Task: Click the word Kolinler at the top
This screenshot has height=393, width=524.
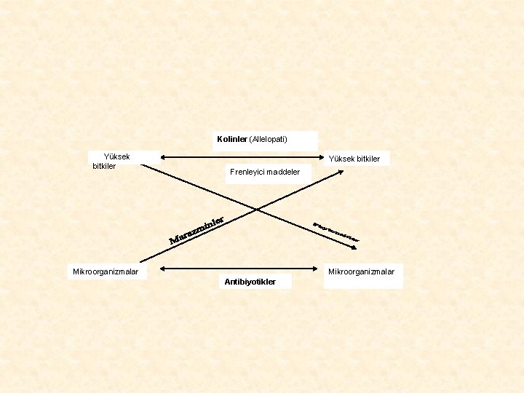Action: click(x=232, y=139)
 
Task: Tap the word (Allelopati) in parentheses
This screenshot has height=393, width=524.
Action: click(x=269, y=139)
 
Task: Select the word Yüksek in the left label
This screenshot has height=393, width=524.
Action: click(x=117, y=156)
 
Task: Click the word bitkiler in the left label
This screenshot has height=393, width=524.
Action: click(x=104, y=166)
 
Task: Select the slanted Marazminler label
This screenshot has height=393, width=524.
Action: click(x=195, y=230)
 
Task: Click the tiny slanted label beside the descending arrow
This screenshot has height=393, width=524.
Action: click(x=336, y=231)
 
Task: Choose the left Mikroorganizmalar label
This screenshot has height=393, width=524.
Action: click(x=106, y=272)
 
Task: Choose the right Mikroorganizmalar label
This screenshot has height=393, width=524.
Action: click(x=362, y=271)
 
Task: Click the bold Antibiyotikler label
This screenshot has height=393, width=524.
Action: click(x=250, y=282)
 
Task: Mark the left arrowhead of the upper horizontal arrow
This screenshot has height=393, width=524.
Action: click(x=162, y=156)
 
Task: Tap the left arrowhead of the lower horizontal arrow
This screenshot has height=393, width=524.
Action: click(x=162, y=269)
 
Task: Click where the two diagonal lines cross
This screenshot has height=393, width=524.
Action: click(x=257, y=210)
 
